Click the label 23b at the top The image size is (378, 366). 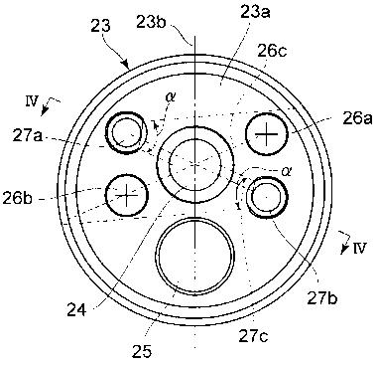[152, 22]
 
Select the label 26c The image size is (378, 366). [273, 52]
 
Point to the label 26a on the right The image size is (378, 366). [358, 118]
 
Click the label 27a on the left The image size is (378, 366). [28, 136]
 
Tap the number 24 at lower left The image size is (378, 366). [76, 310]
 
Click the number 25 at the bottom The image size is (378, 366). [142, 352]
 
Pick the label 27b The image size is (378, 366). [321, 298]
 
